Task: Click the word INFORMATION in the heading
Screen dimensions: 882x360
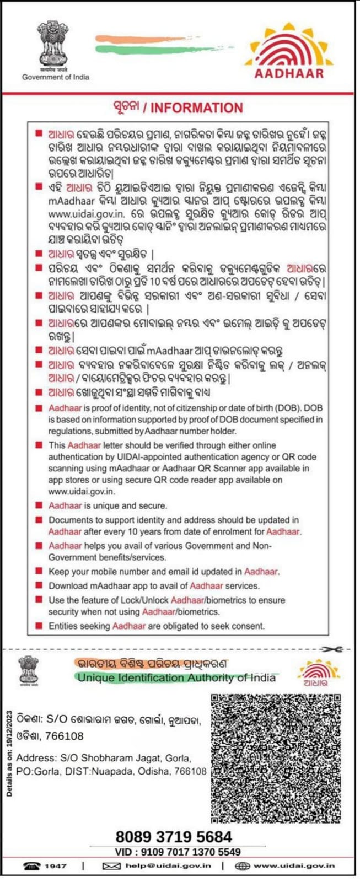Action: coord(196,108)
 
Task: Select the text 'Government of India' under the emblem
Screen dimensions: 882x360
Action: coord(55,77)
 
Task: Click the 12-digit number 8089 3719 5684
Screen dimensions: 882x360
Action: coord(174,836)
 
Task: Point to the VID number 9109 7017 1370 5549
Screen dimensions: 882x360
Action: coord(189,852)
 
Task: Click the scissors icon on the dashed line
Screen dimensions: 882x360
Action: coord(330,649)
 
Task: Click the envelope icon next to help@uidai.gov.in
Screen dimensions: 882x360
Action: coord(111,866)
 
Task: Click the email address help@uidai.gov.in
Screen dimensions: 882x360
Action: coord(168,866)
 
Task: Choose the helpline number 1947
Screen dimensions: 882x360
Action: coord(56,866)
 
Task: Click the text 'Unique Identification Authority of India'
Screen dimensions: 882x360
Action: coord(176,677)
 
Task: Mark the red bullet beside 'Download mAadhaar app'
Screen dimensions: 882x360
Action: coord(39,585)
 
